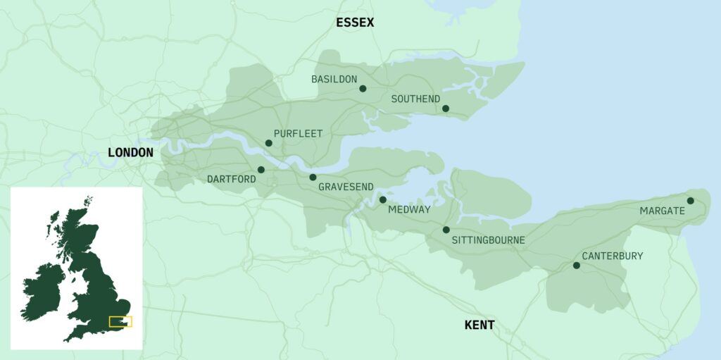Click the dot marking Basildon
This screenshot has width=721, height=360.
pyautogui.click(x=363, y=89)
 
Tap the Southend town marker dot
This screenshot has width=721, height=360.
pyautogui.click(x=446, y=108)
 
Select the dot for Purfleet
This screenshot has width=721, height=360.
pyautogui.click(x=268, y=143)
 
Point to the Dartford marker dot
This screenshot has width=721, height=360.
pyautogui.click(x=261, y=170)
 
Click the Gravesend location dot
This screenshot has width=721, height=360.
pyautogui.click(x=313, y=178)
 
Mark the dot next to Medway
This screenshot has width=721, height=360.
pyautogui.click(x=383, y=200)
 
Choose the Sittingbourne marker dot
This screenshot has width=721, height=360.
pyautogui.click(x=446, y=230)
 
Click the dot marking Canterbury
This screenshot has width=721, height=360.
pyautogui.click(x=577, y=266)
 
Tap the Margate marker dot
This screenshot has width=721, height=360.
pyautogui.click(x=690, y=201)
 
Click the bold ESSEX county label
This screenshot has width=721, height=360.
pyautogui.click(x=355, y=23)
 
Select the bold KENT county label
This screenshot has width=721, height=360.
pyautogui.click(x=479, y=325)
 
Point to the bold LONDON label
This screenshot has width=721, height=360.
pyautogui.click(x=130, y=153)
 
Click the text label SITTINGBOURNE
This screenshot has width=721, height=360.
pyautogui.click(x=488, y=240)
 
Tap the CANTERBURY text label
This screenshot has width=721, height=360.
pyautogui.click(x=612, y=256)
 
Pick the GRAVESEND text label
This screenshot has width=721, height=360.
pyautogui.click(x=347, y=187)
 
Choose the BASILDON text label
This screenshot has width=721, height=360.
pyautogui.click(x=334, y=80)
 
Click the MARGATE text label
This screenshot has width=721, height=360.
pyautogui.click(x=662, y=211)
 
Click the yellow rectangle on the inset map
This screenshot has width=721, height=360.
pyautogui.click(x=120, y=322)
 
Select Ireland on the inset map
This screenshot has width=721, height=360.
pyautogui.click(x=42, y=288)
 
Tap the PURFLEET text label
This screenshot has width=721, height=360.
pyautogui.click(x=298, y=133)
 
